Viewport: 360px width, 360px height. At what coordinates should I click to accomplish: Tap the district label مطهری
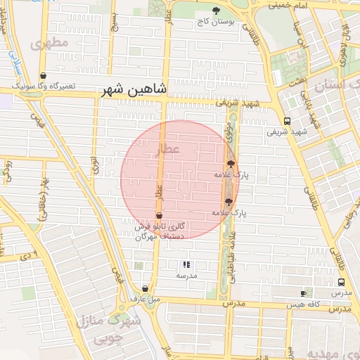(x=50, y=43)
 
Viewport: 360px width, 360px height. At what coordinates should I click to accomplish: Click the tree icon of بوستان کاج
(x=217, y=11)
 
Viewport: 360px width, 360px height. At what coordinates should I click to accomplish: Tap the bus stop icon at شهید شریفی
(x=287, y=121)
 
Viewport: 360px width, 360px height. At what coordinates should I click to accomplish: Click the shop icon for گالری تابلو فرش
(x=159, y=216)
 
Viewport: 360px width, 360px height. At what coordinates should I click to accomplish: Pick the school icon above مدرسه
(x=186, y=265)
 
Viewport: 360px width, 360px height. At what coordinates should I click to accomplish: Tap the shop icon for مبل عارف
(x=145, y=288)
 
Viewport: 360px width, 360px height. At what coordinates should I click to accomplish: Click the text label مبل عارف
(x=145, y=299)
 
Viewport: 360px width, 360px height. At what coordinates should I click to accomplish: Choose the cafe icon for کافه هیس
(x=304, y=292)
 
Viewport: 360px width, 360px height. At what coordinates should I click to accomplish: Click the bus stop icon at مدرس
(x=340, y=282)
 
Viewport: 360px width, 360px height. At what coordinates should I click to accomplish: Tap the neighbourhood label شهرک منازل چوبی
(x=105, y=330)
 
